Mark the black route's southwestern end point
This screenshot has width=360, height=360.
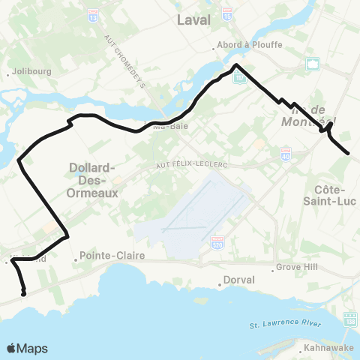coord(24,294)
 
